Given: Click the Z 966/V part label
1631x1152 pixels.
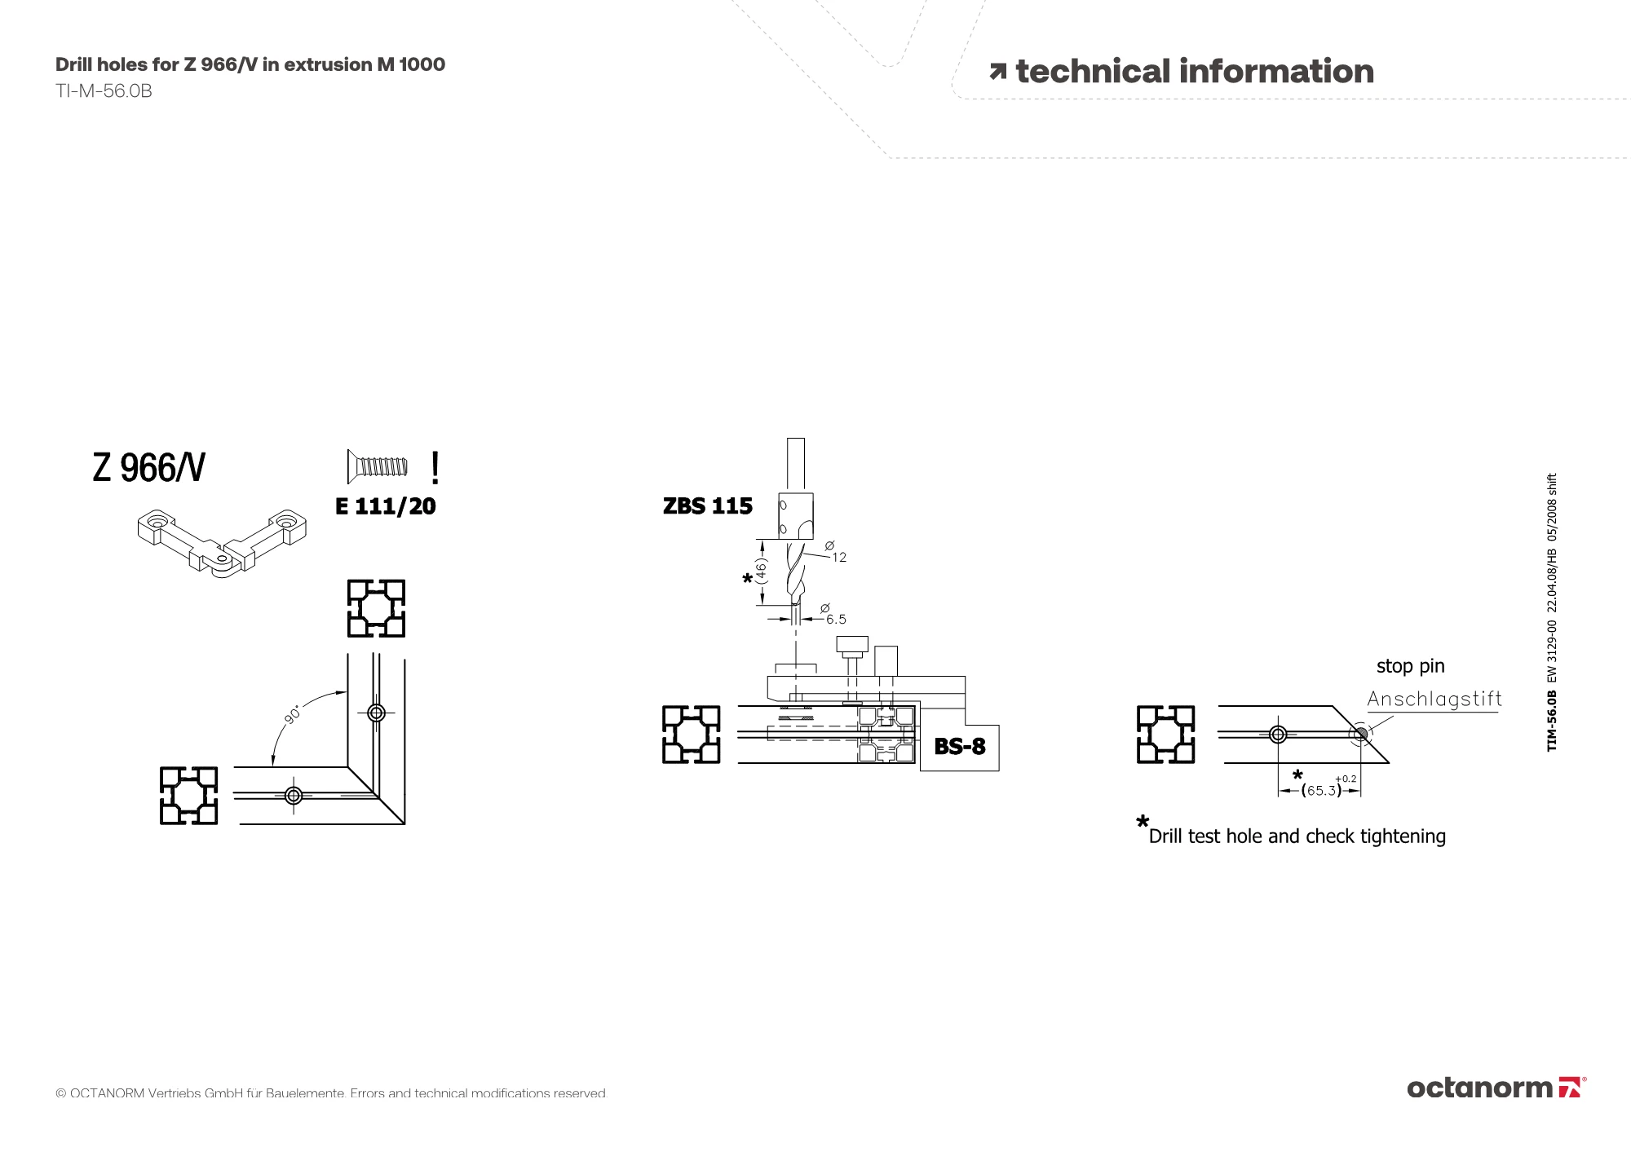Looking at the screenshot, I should coord(148,468).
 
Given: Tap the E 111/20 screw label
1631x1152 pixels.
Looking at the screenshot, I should coord(385,506).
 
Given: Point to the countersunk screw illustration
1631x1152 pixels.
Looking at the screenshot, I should coord(377,466).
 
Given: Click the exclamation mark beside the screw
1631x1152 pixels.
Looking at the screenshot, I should coord(435,468).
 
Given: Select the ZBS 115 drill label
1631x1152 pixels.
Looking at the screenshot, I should coord(707,506).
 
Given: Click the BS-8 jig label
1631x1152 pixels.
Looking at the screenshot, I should coord(959,746).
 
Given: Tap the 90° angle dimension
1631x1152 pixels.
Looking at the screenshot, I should coord(292,714).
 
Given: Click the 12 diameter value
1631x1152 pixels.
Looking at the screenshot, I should coord(839,558).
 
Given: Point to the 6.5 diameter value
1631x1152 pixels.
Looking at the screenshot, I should coord(836,620).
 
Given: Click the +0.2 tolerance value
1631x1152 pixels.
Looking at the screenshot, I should coord(1346,779).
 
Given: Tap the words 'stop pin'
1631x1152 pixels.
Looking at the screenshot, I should coord(1410,666).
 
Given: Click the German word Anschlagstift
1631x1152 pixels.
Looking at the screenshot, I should coord(1434,699).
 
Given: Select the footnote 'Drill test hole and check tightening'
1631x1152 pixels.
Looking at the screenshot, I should coord(1297,836).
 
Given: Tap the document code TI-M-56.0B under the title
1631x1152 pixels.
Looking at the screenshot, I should coord(104,91).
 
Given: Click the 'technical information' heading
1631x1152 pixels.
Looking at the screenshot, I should coord(1194,72).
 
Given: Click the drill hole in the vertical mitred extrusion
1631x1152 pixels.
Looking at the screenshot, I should coord(376,713).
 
